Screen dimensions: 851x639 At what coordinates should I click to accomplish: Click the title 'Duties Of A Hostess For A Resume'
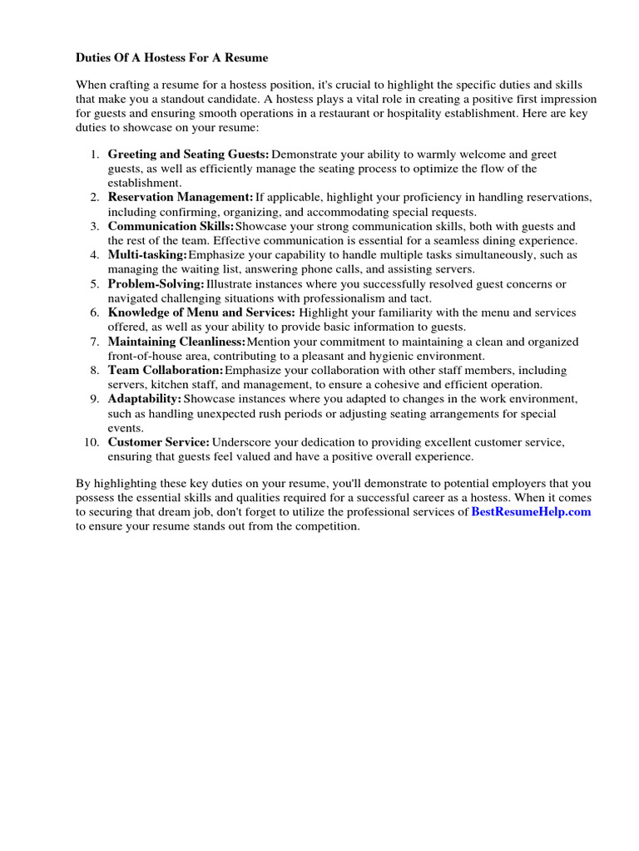pyautogui.click(x=172, y=59)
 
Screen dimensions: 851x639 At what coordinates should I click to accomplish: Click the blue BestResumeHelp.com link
pyautogui.click(x=531, y=512)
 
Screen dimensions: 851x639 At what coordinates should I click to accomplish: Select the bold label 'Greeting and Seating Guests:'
pyautogui.click(x=188, y=155)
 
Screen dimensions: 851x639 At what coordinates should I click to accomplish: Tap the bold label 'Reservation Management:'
pyautogui.click(x=181, y=197)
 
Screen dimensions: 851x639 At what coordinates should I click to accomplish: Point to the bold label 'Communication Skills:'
pyautogui.click(x=171, y=226)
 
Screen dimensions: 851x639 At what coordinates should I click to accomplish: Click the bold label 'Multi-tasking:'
pyautogui.click(x=147, y=254)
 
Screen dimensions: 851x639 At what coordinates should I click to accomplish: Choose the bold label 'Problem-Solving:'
pyautogui.click(x=156, y=283)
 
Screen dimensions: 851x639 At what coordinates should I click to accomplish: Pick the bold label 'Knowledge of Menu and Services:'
pyautogui.click(x=201, y=312)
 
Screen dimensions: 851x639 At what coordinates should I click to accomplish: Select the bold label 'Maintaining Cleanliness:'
pyautogui.click(x=176, y=342)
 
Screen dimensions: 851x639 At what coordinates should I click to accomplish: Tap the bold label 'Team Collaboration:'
pyautogui.click(x=166, y=370)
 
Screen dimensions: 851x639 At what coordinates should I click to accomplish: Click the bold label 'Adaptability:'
pyautogui.click(x=144, y=399)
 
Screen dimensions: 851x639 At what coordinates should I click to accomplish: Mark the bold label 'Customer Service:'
pyautogui.click(x=158, y=442)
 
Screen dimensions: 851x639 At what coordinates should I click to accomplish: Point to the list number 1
pyautogui.click(x=94, y=155)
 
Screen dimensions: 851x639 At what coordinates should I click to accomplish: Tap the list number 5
pyautogui.click(x=94, y=283)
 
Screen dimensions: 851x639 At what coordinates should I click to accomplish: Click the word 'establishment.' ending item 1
pyautogui.click(x=144, y=183)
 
